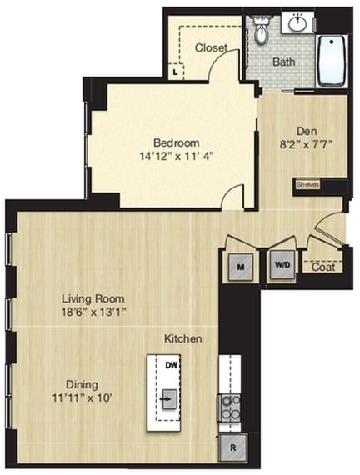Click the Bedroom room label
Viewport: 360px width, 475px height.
tap(173, 141)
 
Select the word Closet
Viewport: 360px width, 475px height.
tap(211, 48)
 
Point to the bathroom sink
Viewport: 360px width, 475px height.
tap(297, 23)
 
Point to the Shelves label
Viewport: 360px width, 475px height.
tap(306, 185)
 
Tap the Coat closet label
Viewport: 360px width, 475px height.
tap(323, 267)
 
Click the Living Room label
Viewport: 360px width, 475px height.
tap(92, 298)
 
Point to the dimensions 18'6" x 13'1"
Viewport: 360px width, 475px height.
tap(92, 312)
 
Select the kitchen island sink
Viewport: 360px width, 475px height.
tap(168, 398)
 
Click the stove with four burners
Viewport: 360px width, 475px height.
tap(229, 407)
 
